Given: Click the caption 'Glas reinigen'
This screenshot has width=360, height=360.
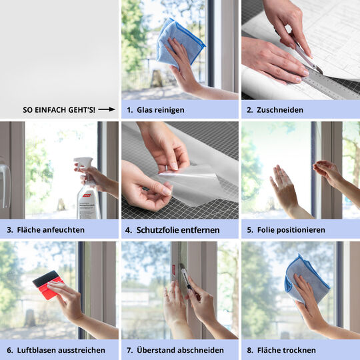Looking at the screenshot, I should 161,109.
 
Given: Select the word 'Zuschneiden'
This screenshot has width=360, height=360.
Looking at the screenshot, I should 280,109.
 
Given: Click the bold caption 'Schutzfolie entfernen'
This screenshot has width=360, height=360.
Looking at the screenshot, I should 179,229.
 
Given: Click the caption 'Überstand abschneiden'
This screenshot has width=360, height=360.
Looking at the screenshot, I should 181,350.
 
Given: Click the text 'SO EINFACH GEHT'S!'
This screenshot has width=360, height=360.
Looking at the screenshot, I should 59,109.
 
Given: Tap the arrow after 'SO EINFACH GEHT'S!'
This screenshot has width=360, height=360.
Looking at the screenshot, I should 107,109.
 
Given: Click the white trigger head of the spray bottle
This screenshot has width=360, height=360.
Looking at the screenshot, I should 83,164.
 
